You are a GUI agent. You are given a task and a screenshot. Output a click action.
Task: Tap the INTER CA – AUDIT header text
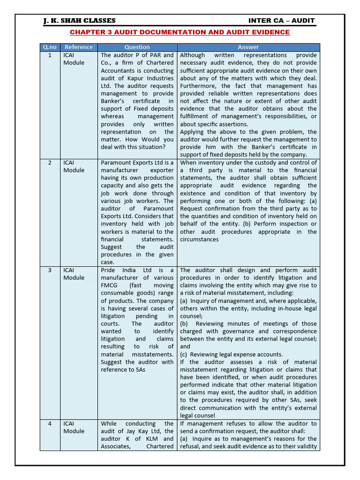(281, 21)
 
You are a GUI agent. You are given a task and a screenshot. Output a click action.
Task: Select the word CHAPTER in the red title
(87, 32)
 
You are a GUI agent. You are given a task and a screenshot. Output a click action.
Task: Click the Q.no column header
(50, 47)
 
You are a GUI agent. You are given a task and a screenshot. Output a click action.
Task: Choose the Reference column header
(78, 47)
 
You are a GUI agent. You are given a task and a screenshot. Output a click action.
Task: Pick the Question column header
(137, 47)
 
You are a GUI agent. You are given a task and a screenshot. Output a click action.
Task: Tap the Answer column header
(248, 47)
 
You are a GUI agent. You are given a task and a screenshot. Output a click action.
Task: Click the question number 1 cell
(50, 55)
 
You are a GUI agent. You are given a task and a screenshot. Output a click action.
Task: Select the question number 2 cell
(50, 163)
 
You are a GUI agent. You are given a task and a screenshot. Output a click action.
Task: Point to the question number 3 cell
(50, 270)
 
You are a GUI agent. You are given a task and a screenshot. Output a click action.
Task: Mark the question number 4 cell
(50, 424)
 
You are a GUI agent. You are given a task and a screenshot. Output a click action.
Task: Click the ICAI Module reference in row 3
(74, 274)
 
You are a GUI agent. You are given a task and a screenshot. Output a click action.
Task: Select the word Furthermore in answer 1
(199, 86)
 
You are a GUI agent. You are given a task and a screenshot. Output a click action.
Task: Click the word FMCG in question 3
(110, 285)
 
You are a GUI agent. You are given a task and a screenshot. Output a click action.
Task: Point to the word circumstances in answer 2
(199, 240)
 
